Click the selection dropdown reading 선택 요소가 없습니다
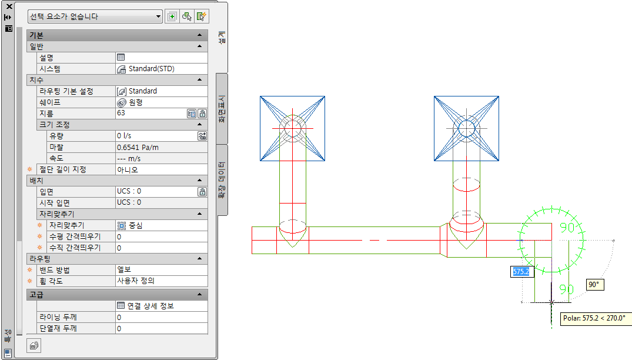[95, 16]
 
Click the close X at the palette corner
[9, 6]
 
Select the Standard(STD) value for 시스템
[151, 69]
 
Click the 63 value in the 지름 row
[121, 113]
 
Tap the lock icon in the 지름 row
[202, 114]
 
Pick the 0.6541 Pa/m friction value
[138, 148]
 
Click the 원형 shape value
[136, 102]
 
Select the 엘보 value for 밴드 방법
[123, 269]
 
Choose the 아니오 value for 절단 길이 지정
[128, 170]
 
